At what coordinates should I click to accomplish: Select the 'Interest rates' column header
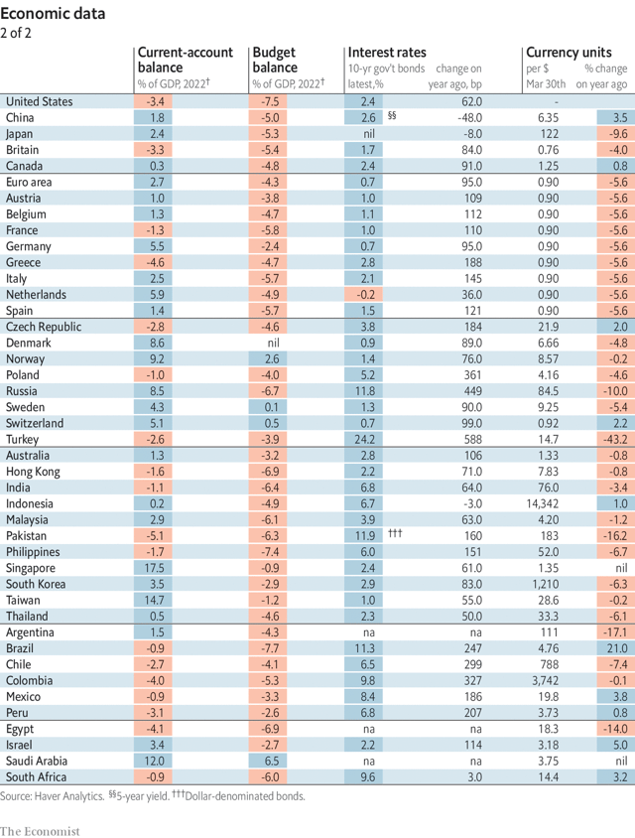point(386,53)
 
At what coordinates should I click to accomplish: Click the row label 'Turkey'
point(22,439)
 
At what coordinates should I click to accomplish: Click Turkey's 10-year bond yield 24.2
point(366,439)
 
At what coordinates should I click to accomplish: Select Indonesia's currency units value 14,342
point(550,503)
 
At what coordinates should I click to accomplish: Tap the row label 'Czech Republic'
point(44,327)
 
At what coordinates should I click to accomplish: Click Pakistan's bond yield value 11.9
point(366,536)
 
